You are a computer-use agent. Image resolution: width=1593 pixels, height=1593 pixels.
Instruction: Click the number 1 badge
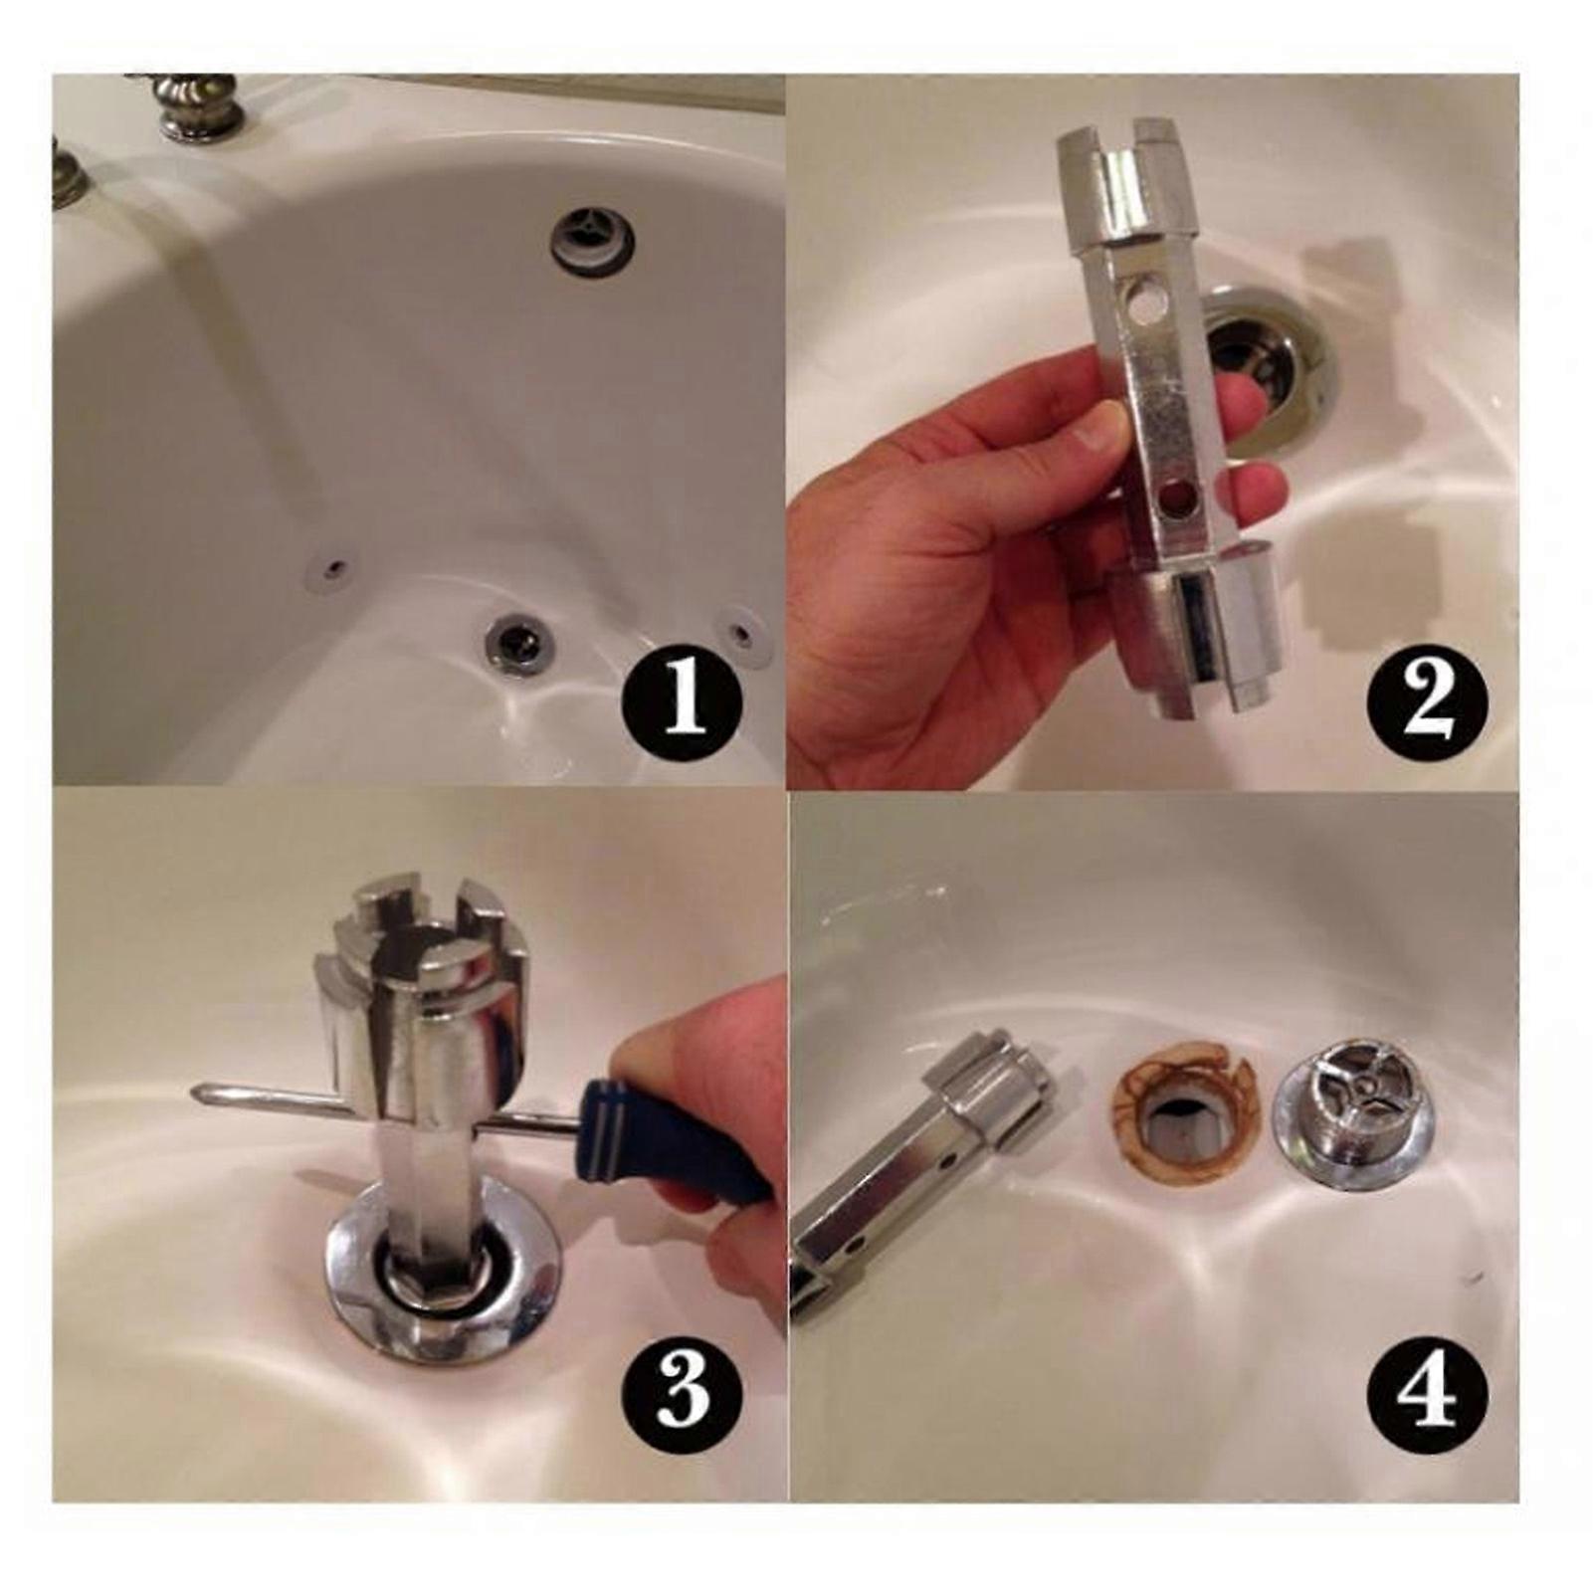tap(683, 700)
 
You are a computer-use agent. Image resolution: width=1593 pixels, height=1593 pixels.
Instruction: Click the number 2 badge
tap(1426, 700)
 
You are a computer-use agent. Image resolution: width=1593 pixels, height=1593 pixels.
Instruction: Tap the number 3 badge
tap(683, 1389)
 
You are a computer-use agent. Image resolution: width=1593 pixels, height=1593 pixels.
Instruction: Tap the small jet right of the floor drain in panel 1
tap(740, 631)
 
